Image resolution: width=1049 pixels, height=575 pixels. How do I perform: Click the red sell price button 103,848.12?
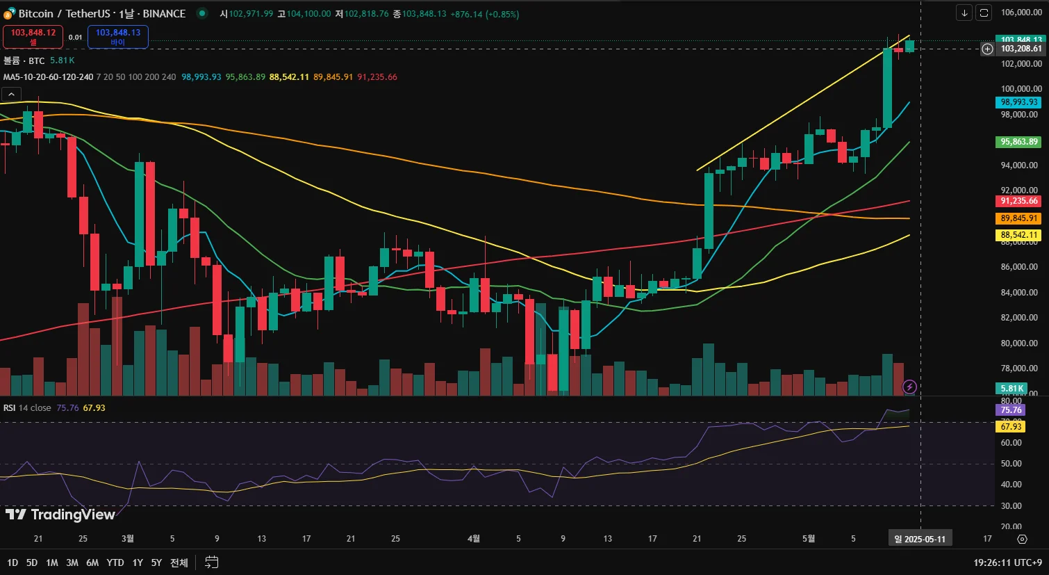pyautogui.click(x=33, y=36)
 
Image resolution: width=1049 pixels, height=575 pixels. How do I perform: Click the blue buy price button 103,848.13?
pyautogui.click(x=117, y=36)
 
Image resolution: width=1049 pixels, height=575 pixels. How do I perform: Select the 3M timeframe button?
pyautogui.click(x=72, y=562)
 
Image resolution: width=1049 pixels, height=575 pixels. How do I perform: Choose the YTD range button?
pyautogui.click(x=115, y=562)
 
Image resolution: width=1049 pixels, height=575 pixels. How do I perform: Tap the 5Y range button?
pyautogui.click(x=156, y=562)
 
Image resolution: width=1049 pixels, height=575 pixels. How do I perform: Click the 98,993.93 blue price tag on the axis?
pyautogui.click(x=1018, y=102)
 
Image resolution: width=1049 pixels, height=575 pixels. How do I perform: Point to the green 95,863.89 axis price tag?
pyautogui.click(x=1018, y=142)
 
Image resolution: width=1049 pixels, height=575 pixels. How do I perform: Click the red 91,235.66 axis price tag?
pyautogui.click(x=1018, y=201)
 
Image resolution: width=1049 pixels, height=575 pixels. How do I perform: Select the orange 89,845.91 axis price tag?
pyautogui.click(x=1018, y=218)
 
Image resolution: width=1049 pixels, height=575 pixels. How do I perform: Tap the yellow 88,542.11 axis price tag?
pyautogui.click(x=1018, y=235)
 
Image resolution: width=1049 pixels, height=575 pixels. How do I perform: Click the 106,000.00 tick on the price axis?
pyautogui.click(x=1021, y=13)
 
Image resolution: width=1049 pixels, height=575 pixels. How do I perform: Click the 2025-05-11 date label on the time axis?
pyautogui.click(x=920, y=539)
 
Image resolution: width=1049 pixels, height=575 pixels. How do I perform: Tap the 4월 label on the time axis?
pyautogui.click(x=474, y=539)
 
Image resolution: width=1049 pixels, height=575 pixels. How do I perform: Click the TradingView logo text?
pyautogui.click(x=60, y=515)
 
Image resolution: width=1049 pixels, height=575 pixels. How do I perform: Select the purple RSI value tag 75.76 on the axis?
pyautogui.click(x=1011, y=410)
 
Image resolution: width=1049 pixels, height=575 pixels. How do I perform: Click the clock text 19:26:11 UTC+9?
pyautogui.click(x=1007, y=562)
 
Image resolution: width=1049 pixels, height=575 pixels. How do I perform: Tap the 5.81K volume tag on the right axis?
pyautogui.click(x=1011, y=389)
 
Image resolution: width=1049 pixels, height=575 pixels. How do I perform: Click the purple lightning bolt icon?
pyautogui.click(x=909, y=387)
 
